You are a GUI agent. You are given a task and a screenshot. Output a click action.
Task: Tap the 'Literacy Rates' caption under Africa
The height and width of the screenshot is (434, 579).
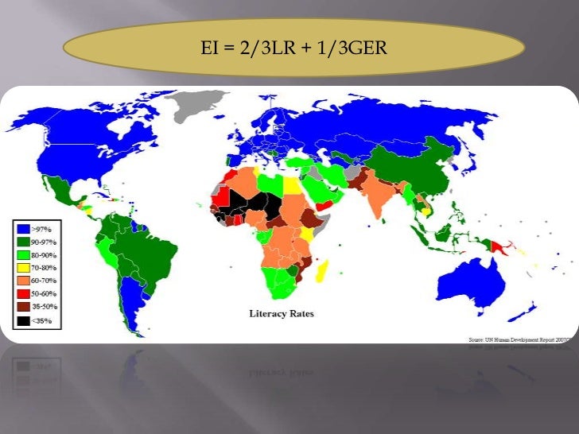[282, 313]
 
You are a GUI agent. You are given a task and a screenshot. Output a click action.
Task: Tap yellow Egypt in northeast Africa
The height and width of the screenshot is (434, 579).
[292, 188]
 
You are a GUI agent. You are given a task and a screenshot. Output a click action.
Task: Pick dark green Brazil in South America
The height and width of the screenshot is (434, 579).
[147, 250]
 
